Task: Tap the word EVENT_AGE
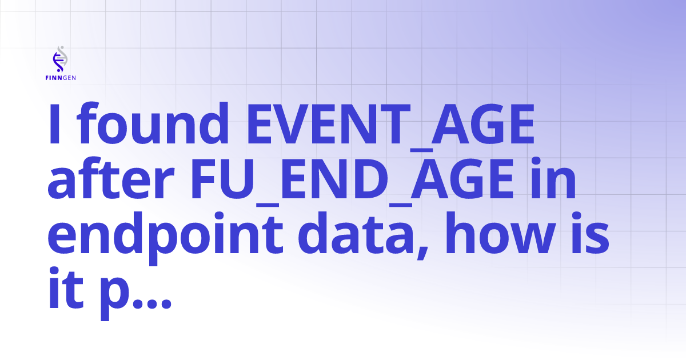point(391,125)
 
